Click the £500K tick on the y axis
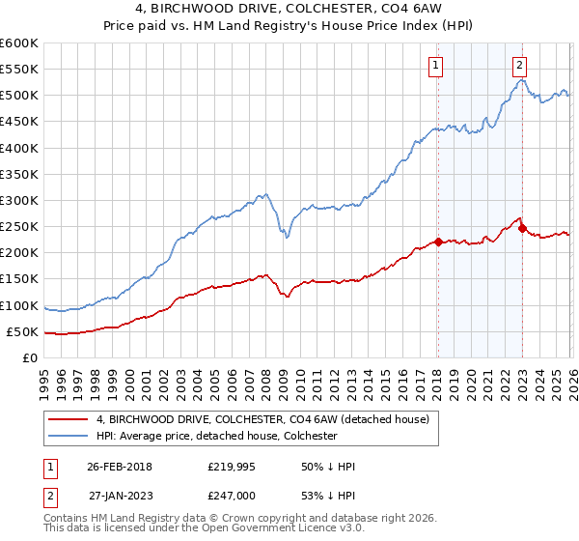[19, 96]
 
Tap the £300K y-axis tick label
[19, 200]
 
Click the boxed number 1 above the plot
[436, 66]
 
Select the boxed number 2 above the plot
[519, 66]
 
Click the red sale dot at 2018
[437, 242]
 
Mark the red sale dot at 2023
[522, 229]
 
